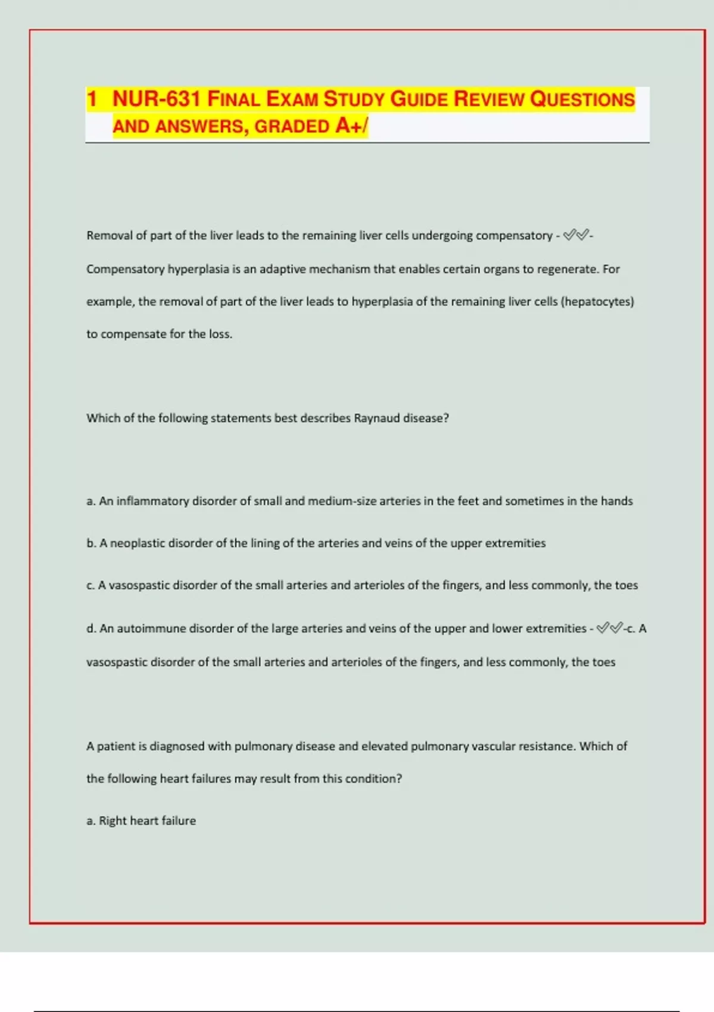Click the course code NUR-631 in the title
click(156, 99)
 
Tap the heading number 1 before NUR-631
click(92, 99)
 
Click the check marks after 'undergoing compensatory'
click(575, 236)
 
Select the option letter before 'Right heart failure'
click(90, 821)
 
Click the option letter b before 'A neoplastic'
click(90, 543)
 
